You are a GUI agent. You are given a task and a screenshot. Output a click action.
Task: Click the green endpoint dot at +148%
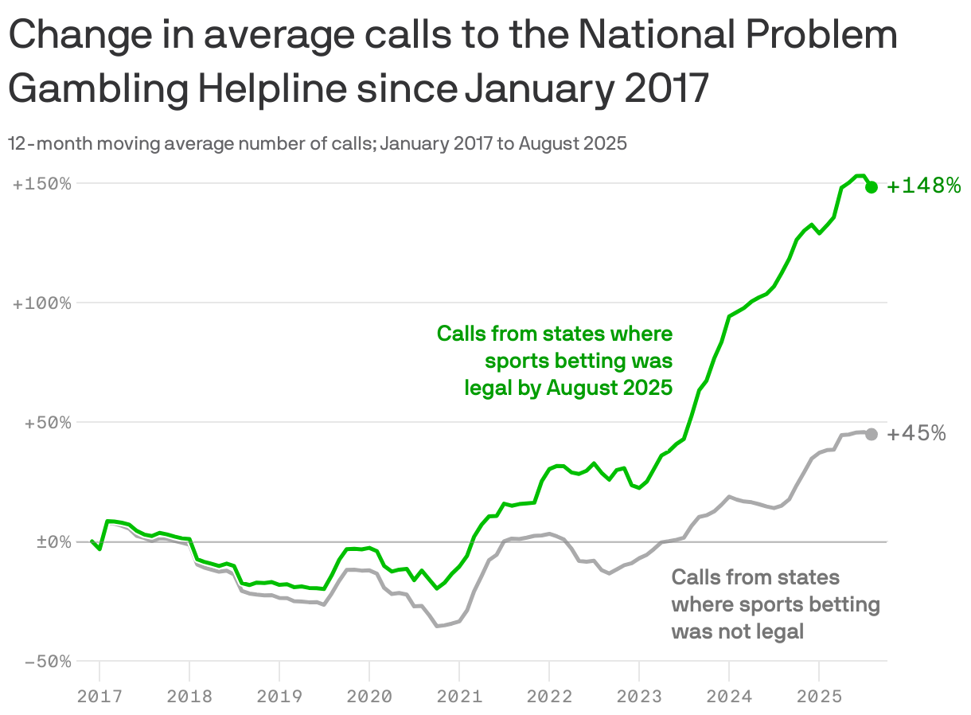[872, 186]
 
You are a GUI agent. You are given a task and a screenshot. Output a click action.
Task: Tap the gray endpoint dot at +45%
[872, 434]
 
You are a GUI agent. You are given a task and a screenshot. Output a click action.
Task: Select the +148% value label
[924, 186]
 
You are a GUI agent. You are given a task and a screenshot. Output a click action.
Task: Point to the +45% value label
[916, 434]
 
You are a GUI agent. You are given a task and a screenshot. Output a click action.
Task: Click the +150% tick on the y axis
[41, 184]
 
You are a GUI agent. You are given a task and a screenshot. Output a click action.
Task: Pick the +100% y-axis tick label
[41, 303]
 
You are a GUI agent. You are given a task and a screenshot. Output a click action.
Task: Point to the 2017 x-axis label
[99, 697]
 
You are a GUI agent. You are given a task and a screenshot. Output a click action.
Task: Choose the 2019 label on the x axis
[279, 697]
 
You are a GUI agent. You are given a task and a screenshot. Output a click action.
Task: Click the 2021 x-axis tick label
[459, 697]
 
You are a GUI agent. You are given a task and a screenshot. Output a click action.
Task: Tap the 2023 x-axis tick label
[639, 697]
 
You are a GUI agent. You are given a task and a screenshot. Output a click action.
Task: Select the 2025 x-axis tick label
[819, 697]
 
